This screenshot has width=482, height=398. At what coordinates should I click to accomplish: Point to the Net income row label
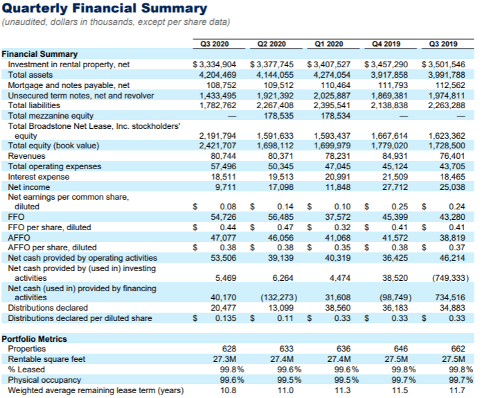28,187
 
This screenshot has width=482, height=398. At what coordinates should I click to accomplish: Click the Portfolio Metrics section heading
35,338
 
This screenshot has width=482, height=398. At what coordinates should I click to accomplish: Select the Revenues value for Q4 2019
395,156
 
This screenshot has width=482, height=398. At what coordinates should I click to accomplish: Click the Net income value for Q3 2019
452,187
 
